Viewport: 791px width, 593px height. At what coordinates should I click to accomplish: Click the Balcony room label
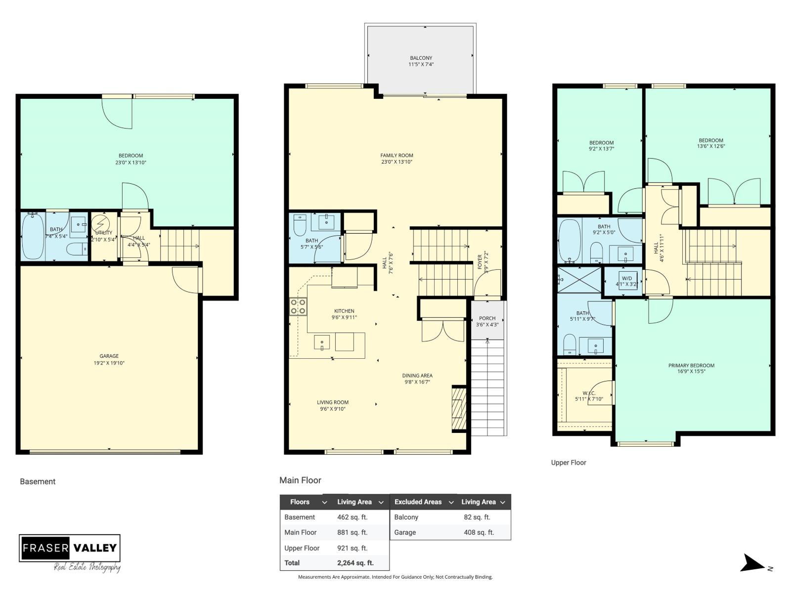(421, 58)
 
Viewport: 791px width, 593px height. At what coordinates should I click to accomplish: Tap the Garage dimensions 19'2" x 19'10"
(109, 363)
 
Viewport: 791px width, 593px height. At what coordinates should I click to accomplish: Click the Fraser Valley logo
(70, 548)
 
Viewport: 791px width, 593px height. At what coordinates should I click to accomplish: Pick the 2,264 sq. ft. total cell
(355, 563)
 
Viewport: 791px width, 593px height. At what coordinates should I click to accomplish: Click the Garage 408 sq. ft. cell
(479, 532)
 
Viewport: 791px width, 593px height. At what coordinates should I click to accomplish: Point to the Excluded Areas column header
(418, 502)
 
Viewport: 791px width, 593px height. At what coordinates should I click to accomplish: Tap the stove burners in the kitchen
(298, 306)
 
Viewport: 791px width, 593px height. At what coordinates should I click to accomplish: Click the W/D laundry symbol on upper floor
(626, 281)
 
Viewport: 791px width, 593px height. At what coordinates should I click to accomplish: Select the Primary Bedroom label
(691, 366)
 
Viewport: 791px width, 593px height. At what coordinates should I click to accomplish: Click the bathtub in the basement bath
(33, 236)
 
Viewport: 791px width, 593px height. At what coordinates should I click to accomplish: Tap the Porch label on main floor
(487, 318)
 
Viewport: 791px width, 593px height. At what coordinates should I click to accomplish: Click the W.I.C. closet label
(589, 393)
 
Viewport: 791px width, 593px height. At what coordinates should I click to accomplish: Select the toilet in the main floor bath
(300, 225)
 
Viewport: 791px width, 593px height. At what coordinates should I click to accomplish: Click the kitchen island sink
(322, 342)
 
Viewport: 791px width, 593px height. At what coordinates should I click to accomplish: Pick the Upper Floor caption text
(569, 463)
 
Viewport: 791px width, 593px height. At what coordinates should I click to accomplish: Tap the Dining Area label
(417, 376)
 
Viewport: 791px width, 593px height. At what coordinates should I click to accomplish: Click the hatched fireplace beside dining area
(459, 408)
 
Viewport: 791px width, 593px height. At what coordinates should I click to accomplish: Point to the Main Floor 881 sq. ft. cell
(352, 532)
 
